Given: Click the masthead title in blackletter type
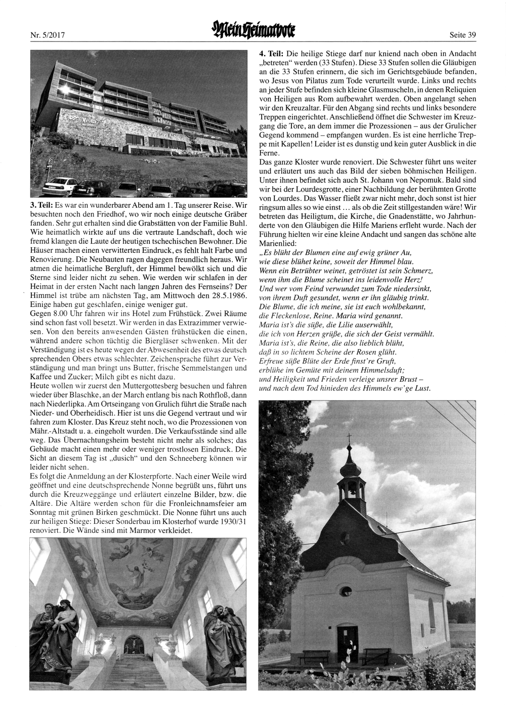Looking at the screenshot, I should (253, 31).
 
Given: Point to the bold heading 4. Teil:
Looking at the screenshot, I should (271, 53).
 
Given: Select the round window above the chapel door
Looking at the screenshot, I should (346, 590).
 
